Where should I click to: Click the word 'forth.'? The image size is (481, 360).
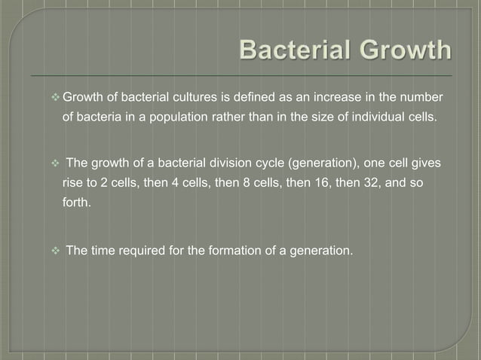point(77,204)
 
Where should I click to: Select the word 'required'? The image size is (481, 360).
point(141,250)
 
